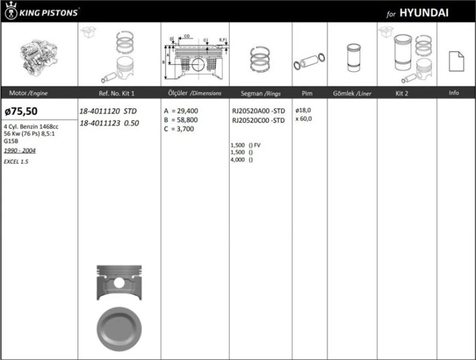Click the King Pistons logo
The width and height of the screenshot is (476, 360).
pyautogui.click(x=42, y=11)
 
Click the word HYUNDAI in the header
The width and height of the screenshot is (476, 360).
pyautogui.click(x=423, y=13)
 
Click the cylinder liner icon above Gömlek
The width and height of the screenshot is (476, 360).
pyautogui.click(x=351, y=58)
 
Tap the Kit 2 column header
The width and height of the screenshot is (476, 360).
pyautogui.click(x=402, y=94)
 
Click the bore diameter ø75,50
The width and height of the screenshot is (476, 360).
pyautogui.click(x=20, y=111)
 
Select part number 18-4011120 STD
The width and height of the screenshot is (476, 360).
pyautogui.click(x=108, y=111)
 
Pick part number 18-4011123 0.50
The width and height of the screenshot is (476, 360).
pyautogui.click(x=109, y=123)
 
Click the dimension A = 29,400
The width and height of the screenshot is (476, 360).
pyautogui.click(x=181, y=111)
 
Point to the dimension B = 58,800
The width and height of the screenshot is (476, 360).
pyautogui.click(x=181, y=120)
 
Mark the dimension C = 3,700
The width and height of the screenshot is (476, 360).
pyautogui.click(x=179, y=128)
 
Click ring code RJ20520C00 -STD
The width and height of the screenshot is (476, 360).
pyautogui.click(x=258, y=120)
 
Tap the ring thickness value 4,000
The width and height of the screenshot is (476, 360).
pyautogui.click(x=238, y=160)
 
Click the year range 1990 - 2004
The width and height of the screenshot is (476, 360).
pyautogui.click(x=19, y=151)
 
